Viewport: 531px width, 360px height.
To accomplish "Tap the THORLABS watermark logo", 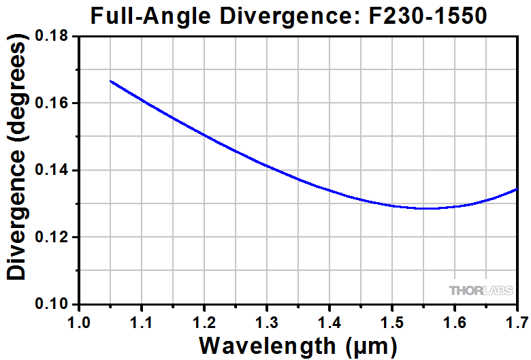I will click(481, 291).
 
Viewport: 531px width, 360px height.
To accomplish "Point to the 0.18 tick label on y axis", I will click(57, 36).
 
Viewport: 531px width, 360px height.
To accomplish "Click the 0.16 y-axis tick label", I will click(57, 103).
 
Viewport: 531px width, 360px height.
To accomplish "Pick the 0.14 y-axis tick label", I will click(57, 170).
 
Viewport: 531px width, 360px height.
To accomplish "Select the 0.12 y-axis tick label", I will click(57, 237).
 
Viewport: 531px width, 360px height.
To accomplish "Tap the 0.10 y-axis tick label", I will click(57, 304).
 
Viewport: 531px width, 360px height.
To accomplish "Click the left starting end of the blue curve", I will click(111, 81).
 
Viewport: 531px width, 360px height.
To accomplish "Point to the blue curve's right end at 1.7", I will click(517, 189).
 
